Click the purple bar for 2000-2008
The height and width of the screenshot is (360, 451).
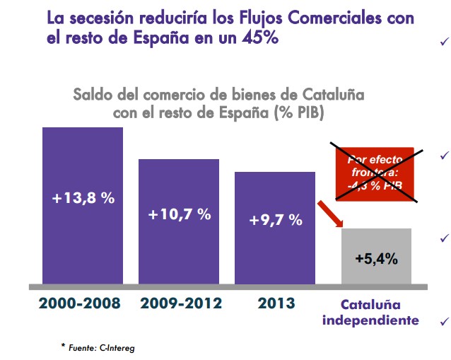click(83, 205)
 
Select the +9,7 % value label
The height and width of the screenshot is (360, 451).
click(276, 220)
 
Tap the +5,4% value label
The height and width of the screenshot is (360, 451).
click(376, 258)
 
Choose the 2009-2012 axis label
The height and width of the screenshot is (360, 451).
click(181, 303)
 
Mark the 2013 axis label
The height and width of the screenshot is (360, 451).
click(276, 303)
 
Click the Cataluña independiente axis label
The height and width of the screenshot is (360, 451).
click(371, 312)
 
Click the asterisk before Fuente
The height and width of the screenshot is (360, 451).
click(63, 345)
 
